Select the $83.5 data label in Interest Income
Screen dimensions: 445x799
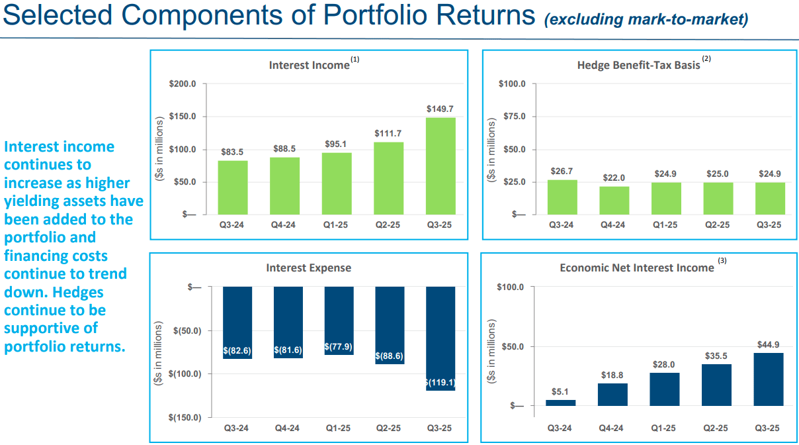[x=233, y=152]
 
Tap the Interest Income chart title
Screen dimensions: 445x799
[x=309, y=65]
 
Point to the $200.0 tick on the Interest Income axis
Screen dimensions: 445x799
[x=183, y=84]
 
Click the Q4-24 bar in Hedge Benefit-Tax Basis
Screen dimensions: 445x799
[x=614, y=200]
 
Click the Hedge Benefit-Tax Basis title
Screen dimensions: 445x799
[x=638, y=65]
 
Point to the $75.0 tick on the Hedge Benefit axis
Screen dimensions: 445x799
[x=513, y=117]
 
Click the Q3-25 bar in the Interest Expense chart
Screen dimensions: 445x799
[x=440, y=338]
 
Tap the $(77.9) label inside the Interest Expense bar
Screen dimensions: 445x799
[x=339, y=346]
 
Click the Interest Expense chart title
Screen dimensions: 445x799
[x=308, y=268]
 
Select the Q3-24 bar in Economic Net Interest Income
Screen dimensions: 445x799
[x=561, y=403]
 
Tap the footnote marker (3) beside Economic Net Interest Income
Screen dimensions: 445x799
[x=722, y=261]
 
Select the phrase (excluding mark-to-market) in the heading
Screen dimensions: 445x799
[x=646, y=19]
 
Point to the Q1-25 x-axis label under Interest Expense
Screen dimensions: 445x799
[x=339, y=428]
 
